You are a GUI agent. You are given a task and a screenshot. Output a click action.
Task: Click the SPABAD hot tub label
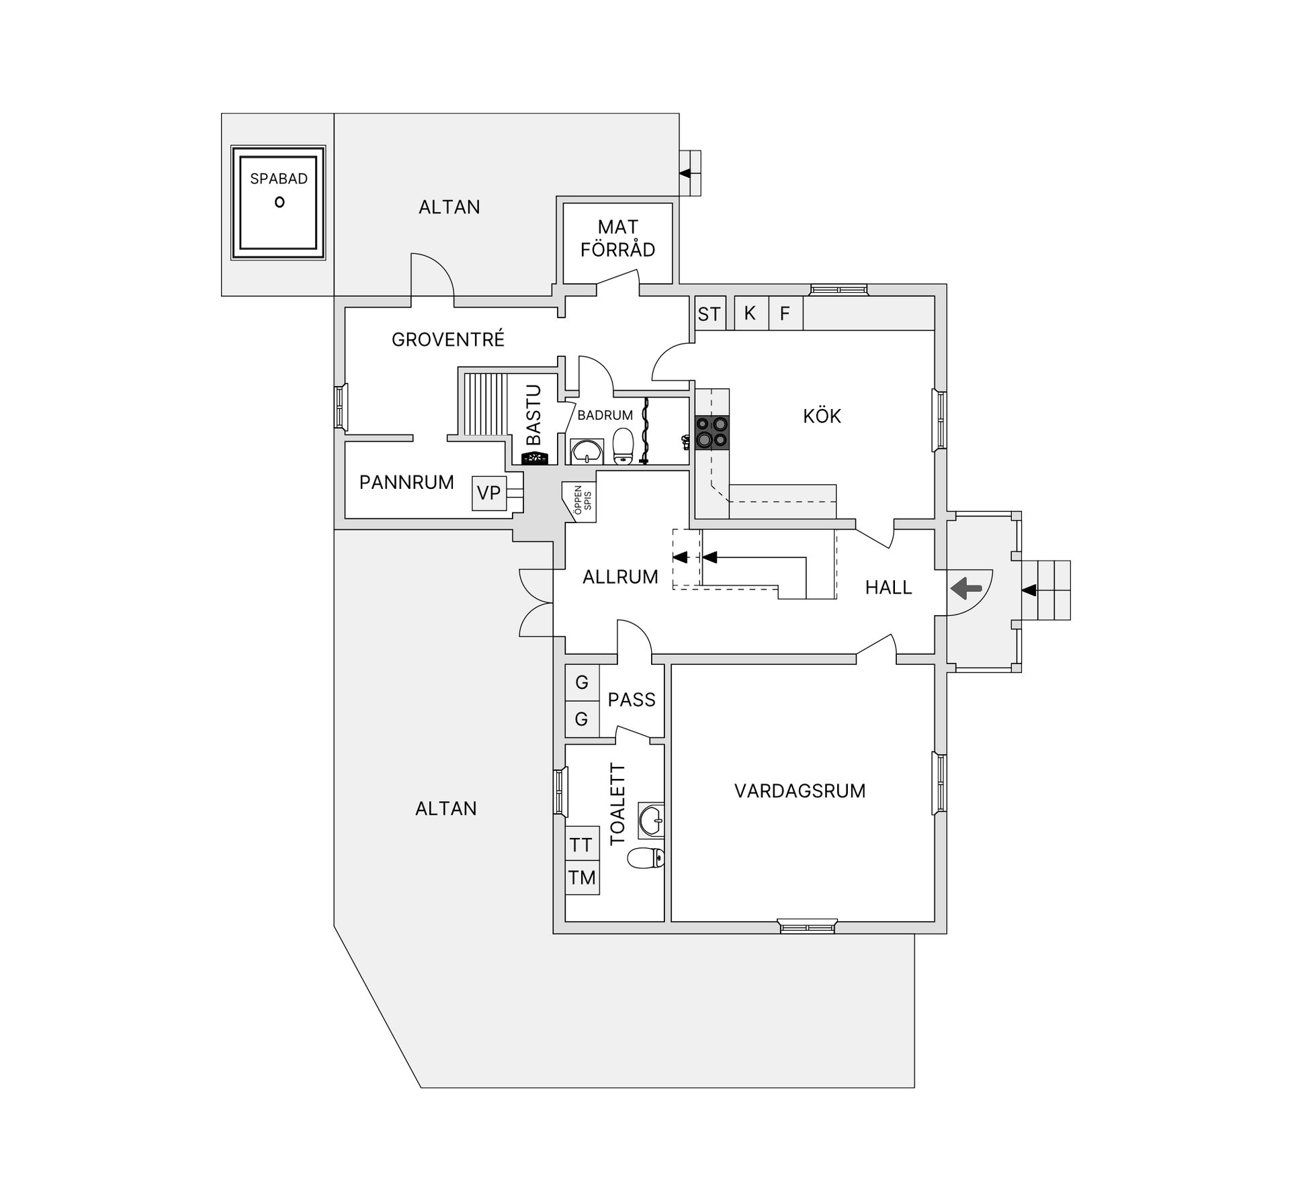coord(279,179)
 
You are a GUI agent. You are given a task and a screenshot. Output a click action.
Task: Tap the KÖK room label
coord(822,416)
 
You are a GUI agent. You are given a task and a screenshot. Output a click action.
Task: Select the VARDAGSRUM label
coord(800,791)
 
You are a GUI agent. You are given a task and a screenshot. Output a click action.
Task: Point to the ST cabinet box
coord(709,313)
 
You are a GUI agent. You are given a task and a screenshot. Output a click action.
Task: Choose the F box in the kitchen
coord(785,313)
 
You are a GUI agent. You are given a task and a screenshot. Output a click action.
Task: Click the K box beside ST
coord(751,313)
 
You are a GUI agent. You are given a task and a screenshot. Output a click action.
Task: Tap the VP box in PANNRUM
coord(489,493)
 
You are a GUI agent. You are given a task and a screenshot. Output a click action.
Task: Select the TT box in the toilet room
coord(582,844)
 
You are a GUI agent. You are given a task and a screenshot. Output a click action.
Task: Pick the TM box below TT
coord(582,878)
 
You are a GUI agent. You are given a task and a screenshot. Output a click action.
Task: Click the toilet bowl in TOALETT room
coord(646,858)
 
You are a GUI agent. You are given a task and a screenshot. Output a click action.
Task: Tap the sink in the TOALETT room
coord(651,820)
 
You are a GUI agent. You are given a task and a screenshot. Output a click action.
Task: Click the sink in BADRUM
coord(587,452)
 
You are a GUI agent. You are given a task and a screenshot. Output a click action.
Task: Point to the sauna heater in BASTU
coord(535,458)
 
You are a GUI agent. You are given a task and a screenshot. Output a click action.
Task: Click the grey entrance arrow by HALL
coord(966,590)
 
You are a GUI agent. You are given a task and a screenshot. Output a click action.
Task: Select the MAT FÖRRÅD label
coord(617,238)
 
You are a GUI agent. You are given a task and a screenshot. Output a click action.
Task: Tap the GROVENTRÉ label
coord(448,339)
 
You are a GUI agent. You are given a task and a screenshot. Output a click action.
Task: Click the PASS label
coord(631,700)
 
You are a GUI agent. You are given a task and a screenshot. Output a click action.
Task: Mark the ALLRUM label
coord(620,577)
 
